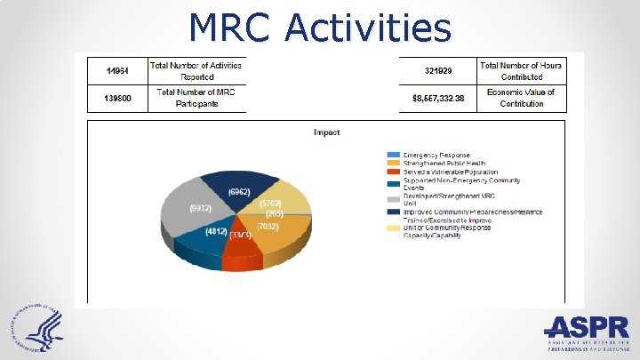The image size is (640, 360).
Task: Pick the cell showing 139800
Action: pos(118,98)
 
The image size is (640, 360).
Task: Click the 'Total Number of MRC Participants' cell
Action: pos(200,98)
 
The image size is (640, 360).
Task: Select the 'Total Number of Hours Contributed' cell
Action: pos(520,70)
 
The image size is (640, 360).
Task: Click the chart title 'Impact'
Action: pos(326,132)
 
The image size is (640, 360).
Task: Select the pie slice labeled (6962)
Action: pos(238,191)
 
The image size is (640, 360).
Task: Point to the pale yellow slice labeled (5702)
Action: pos(284,203)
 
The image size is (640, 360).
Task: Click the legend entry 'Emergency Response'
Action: pos(436,154)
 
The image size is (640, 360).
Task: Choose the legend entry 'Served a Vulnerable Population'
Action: pos(449,172)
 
